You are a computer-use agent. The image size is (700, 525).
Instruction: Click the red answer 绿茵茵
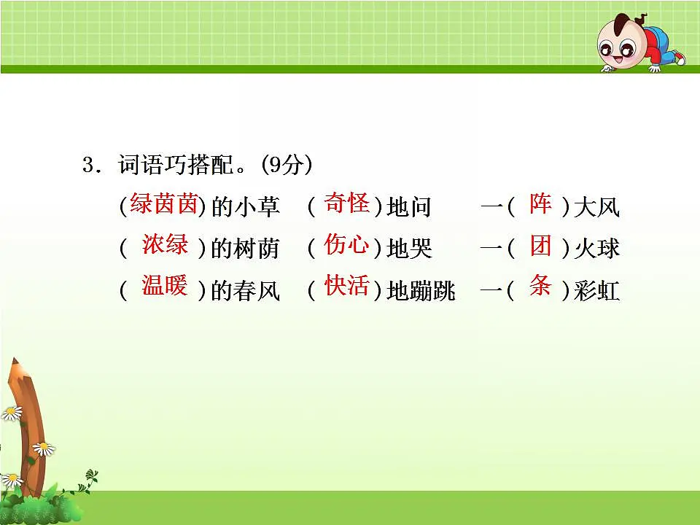164,205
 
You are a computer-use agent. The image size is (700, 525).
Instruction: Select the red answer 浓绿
165,245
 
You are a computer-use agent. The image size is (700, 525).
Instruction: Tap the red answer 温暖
165,286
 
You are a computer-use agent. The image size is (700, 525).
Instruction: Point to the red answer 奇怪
346,203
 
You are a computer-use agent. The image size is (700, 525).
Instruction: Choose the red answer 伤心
346,245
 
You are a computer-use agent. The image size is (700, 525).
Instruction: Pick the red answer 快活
346,286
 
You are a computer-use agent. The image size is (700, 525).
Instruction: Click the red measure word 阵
540,204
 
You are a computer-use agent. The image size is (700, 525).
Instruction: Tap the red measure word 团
540,246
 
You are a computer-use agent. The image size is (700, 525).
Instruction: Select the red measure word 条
540,286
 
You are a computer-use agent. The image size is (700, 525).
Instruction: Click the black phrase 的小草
245,208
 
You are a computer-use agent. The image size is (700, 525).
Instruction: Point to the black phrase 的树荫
245,249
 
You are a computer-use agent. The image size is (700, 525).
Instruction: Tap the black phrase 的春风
245,292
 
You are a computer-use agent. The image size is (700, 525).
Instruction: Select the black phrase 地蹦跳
421,292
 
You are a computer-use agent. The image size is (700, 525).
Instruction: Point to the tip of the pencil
12,362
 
